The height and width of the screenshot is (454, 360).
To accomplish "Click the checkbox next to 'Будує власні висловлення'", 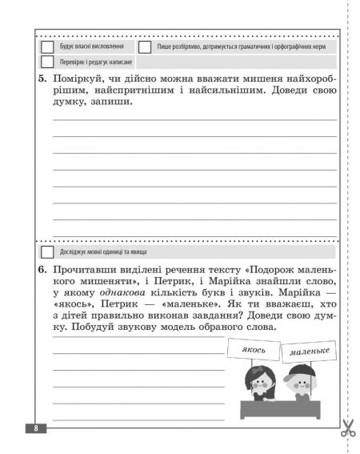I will [47, 46].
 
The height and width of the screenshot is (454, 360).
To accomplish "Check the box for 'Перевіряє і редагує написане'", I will [47, 62].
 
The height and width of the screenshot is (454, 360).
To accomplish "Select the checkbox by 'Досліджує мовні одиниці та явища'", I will [47, 252].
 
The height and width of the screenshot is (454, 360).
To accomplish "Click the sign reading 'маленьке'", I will [307, 352].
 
